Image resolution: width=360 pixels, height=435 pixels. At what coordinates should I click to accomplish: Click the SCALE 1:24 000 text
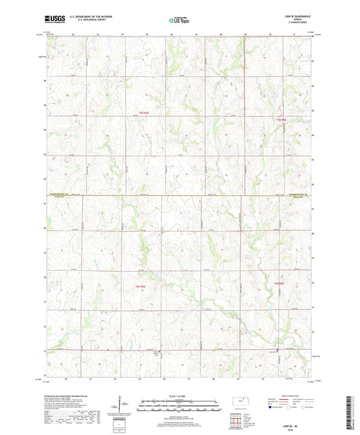(x=180, y=395)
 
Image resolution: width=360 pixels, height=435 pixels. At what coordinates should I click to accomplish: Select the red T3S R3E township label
(x=142, y=113)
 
